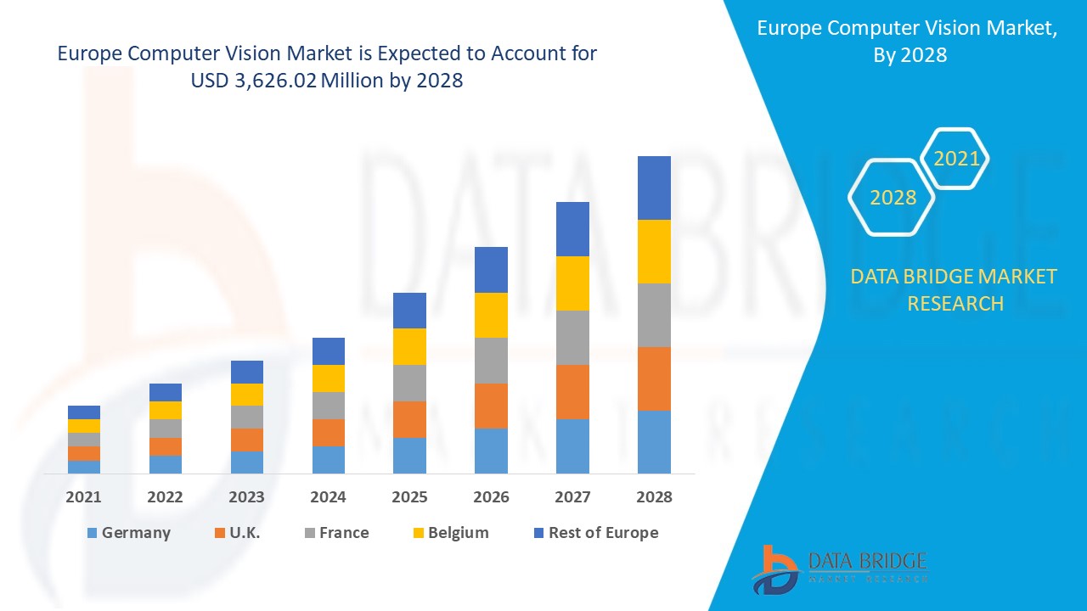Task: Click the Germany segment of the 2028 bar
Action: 654,441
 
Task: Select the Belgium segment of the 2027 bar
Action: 572,283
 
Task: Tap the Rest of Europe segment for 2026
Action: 491,270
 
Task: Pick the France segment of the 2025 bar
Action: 409,383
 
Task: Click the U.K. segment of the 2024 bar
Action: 329,433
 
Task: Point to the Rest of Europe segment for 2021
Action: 84,412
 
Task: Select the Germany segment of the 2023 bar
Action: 247,462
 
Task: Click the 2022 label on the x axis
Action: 166,497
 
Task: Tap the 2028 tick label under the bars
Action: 654,497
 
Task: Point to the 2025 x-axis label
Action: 409,497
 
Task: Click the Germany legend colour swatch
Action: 92,533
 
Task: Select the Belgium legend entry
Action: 449,533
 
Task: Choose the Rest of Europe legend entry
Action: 594,533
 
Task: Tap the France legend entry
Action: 335,533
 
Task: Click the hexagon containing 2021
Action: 956,159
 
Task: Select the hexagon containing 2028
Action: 893,198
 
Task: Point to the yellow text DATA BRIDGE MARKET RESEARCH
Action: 955,289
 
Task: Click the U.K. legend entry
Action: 237,533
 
